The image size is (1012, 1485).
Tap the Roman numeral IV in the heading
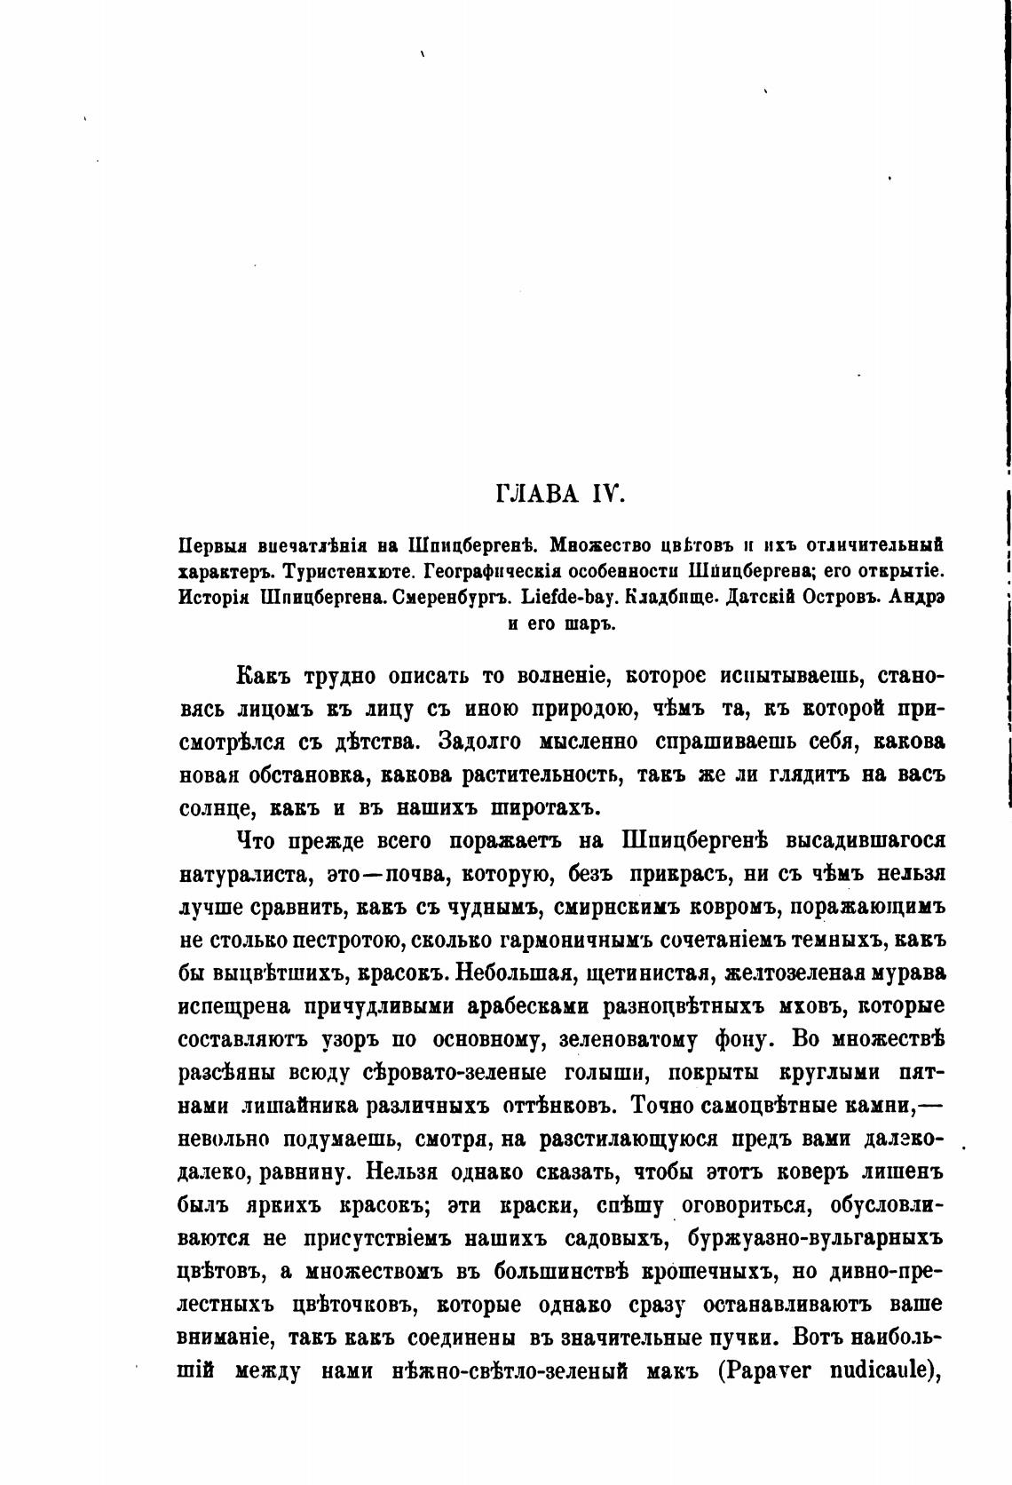(x=607, y=493)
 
